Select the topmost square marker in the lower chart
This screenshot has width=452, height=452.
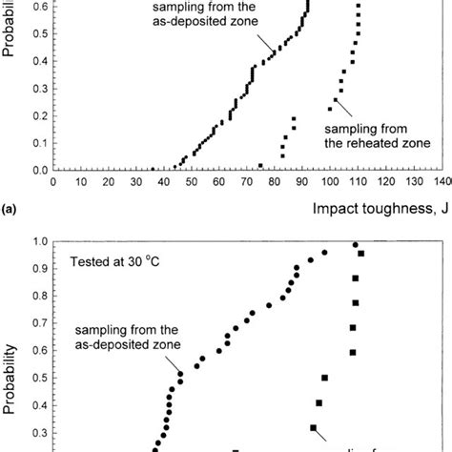tap(360, 254)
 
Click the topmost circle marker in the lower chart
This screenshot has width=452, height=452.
tap(356, 245)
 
